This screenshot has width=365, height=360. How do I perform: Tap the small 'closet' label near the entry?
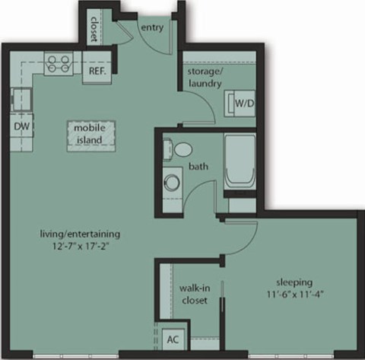[95, 29]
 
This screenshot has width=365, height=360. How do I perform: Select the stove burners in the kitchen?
[58, 63]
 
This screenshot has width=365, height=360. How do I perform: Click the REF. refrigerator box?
[97, 72]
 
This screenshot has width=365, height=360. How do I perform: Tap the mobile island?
[89, 135]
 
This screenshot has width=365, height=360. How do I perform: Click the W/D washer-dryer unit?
[243, 102]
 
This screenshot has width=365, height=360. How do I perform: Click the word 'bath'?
[198, 166]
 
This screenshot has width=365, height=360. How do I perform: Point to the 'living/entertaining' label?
[81, 234]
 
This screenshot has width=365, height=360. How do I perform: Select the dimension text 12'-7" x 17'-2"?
[81, 246]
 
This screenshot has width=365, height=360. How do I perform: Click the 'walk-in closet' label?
[189, 295]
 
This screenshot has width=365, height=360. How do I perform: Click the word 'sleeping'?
[294, 281]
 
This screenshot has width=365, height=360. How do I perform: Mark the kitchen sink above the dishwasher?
[18, 97]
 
